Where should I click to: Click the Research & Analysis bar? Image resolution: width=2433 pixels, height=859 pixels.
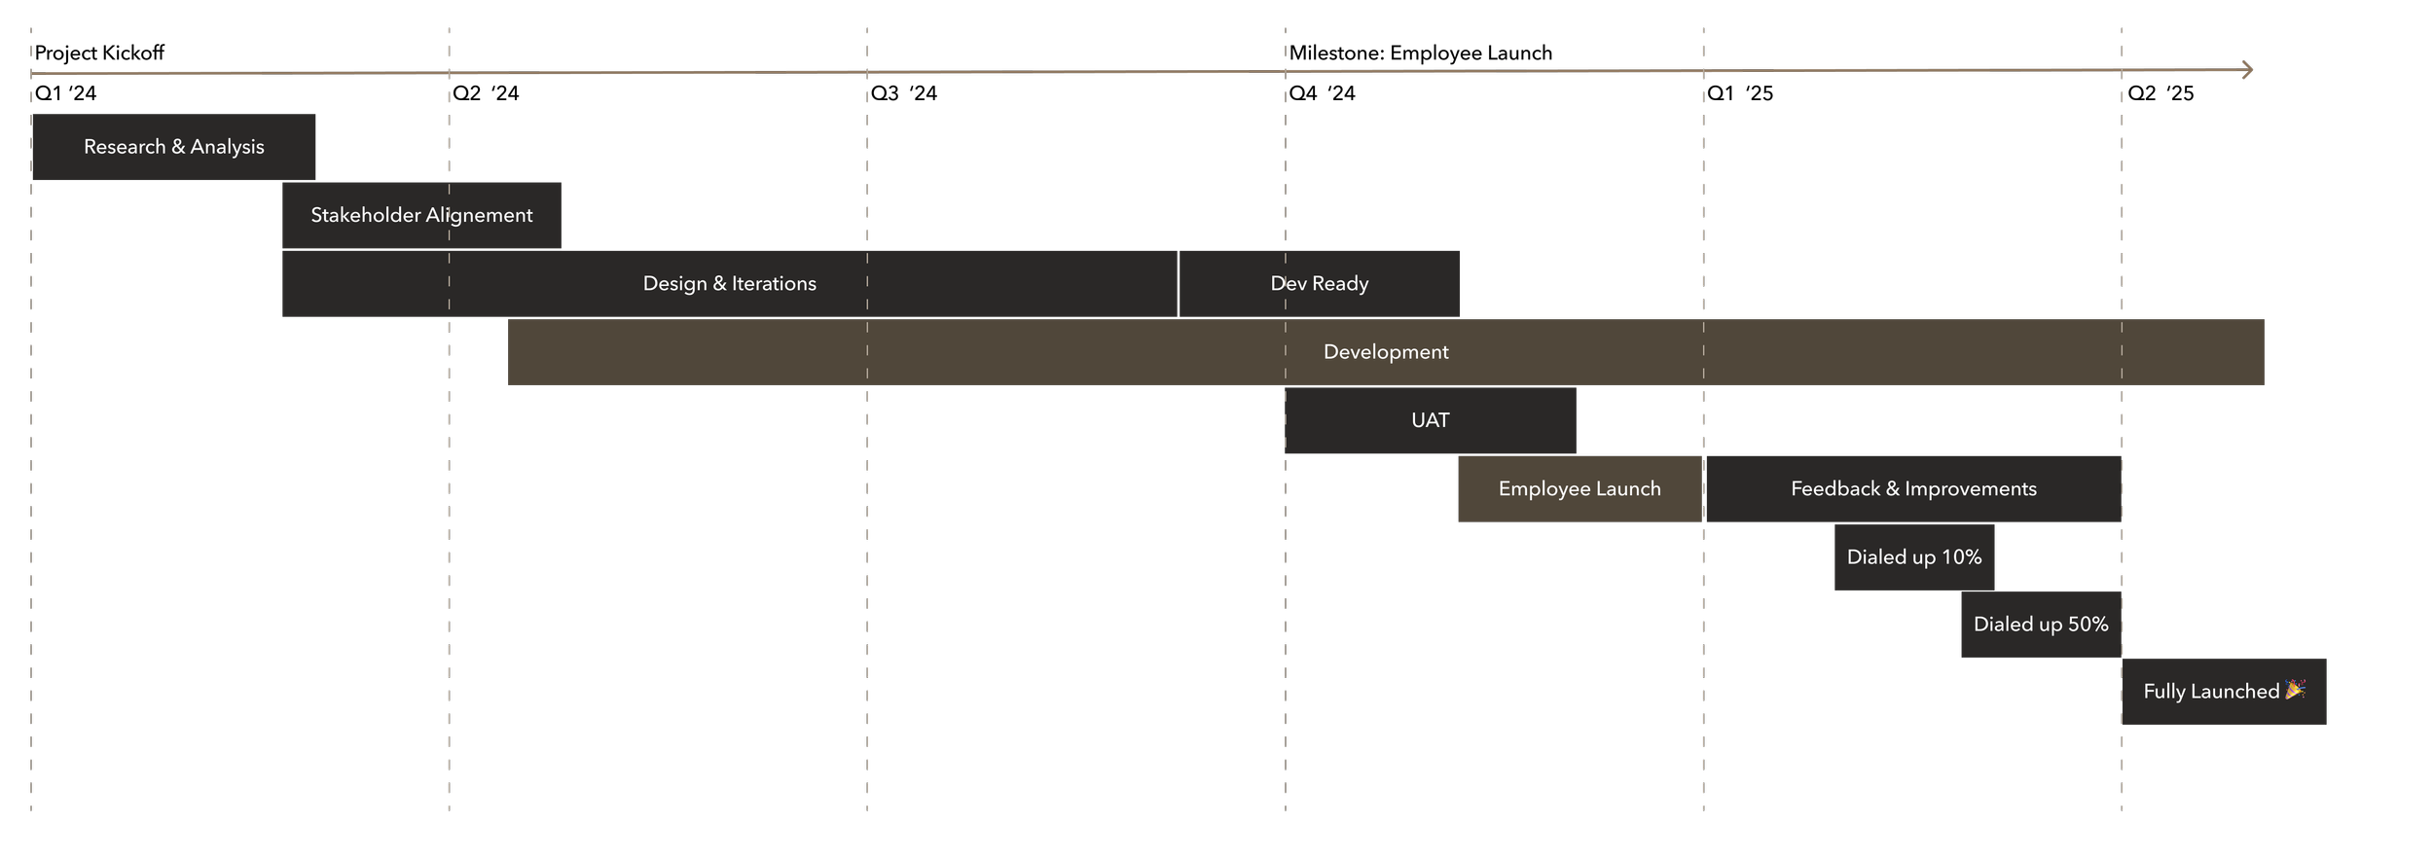(x=173, y=147)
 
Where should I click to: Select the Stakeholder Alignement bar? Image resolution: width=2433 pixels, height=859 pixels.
(x=421, y=215)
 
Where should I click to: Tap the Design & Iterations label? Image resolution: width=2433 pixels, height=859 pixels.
(x=729, y=284)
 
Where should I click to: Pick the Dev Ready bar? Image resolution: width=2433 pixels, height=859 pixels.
(x=1319, y=284)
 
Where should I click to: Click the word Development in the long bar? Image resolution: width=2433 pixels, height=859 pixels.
(x=1386, y=352)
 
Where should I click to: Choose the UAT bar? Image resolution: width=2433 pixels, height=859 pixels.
(x=1430, y=420)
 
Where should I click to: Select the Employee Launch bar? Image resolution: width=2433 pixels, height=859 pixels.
(x=1580, y=489)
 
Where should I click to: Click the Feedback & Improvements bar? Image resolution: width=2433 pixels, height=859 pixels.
(x=1913, y=489)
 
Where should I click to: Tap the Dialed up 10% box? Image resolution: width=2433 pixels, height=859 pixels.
(x=1913, y=557)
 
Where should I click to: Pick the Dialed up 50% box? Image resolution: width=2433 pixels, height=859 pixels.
(x=2040, y=625)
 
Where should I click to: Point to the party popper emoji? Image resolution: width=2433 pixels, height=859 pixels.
(x=2295, y=690)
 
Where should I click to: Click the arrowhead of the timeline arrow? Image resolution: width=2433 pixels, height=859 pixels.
(x=2248, y=70)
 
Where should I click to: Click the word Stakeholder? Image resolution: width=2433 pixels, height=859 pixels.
(x=366, y=215)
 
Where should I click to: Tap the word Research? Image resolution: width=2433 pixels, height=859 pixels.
(x=125, y=147)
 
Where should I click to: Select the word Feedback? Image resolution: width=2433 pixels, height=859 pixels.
(x=1835, y=489)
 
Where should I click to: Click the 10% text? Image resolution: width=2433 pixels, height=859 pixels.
(x=1961, y=557)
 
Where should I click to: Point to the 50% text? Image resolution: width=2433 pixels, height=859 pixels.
(x=2088, y=625)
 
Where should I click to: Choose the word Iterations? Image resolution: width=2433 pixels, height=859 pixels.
(x=774, y=284)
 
